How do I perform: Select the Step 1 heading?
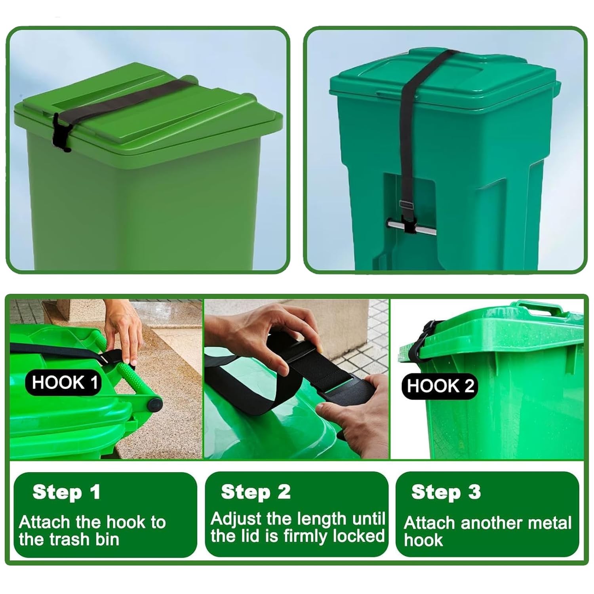[66, 492]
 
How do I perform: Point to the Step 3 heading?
[446, 492]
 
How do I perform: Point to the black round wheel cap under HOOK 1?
[155, 406]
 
